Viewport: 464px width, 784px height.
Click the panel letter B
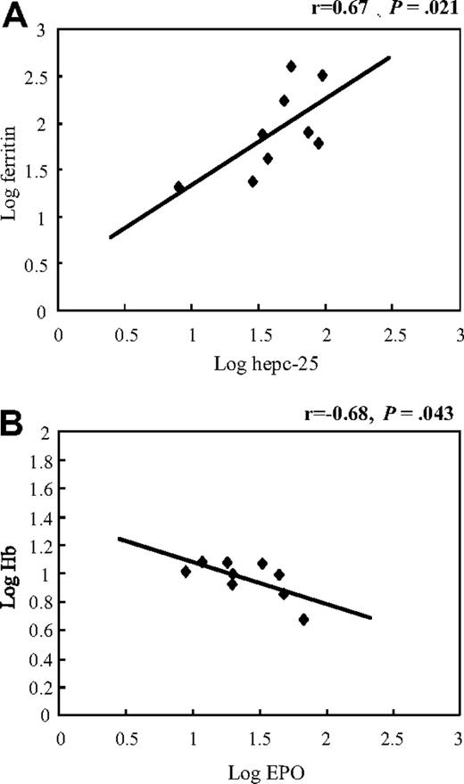coord(19,419)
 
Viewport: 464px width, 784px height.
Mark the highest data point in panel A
coord(291,66)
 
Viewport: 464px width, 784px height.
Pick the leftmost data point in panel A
coord(178,186)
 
